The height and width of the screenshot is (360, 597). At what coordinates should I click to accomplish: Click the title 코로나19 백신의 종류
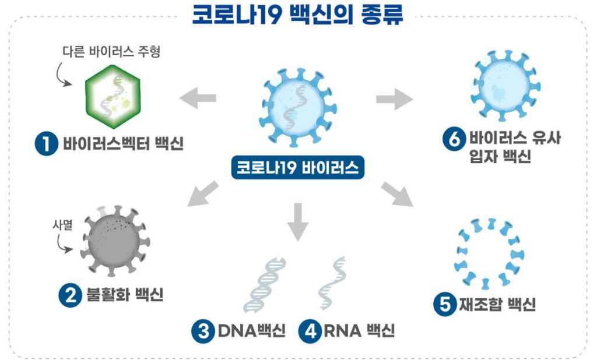click(297, 14)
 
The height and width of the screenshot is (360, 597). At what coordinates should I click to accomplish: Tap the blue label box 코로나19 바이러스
click(298, 167)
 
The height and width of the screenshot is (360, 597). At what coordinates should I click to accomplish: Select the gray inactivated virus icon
click(115, 241)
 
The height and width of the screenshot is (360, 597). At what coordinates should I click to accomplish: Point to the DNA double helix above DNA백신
click(264, 285)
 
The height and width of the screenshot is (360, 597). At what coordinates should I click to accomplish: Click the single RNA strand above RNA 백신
click(332, 283)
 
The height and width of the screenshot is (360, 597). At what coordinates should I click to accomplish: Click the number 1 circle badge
click(46, 144)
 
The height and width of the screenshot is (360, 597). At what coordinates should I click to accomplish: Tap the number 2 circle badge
click(71, 295)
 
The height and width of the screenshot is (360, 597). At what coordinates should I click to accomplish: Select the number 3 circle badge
click(203, 331)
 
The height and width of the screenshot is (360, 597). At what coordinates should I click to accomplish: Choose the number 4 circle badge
click(310, 331)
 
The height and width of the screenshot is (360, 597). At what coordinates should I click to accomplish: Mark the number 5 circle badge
click(445, 304)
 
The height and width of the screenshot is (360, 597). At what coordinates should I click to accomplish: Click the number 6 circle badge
click(454, 139)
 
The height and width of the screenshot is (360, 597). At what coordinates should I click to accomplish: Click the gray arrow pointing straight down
click(298, 222)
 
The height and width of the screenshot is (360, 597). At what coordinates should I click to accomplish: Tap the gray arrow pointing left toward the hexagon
click(198, 98)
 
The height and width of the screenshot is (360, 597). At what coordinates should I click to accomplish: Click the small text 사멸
click(62, 225)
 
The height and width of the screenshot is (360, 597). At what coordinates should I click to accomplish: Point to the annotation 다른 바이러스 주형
click(111, 51)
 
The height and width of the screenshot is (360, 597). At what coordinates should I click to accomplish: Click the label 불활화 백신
click(125, 295)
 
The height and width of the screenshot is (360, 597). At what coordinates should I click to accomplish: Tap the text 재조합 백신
click(497, 304)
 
